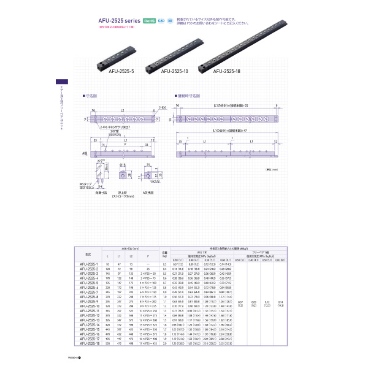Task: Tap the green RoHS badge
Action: click(x=150, y=20)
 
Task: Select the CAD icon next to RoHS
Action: click(x=161, y=20)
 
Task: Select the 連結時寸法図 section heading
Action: click(x=188, y=96)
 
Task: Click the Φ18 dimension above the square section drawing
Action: click(x=123, y=166)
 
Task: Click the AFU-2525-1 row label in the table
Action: click(x=90, y=263)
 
